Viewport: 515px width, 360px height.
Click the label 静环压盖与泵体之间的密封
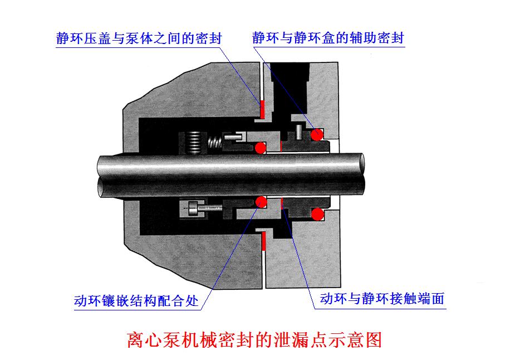pos(139,38)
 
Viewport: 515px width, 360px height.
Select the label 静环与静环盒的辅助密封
pos(328,38)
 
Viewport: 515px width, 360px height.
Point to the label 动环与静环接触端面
pos(382,299)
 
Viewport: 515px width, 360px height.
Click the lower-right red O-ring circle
pos(317,214)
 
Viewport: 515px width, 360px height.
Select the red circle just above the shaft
pos(260,148)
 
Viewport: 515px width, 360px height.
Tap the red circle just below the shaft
pos(260,201)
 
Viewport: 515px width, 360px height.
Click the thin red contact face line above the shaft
pos(282,147)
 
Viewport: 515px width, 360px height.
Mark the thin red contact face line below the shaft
pos(282,203)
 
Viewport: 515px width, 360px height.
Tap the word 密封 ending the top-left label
pos(210,38)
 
